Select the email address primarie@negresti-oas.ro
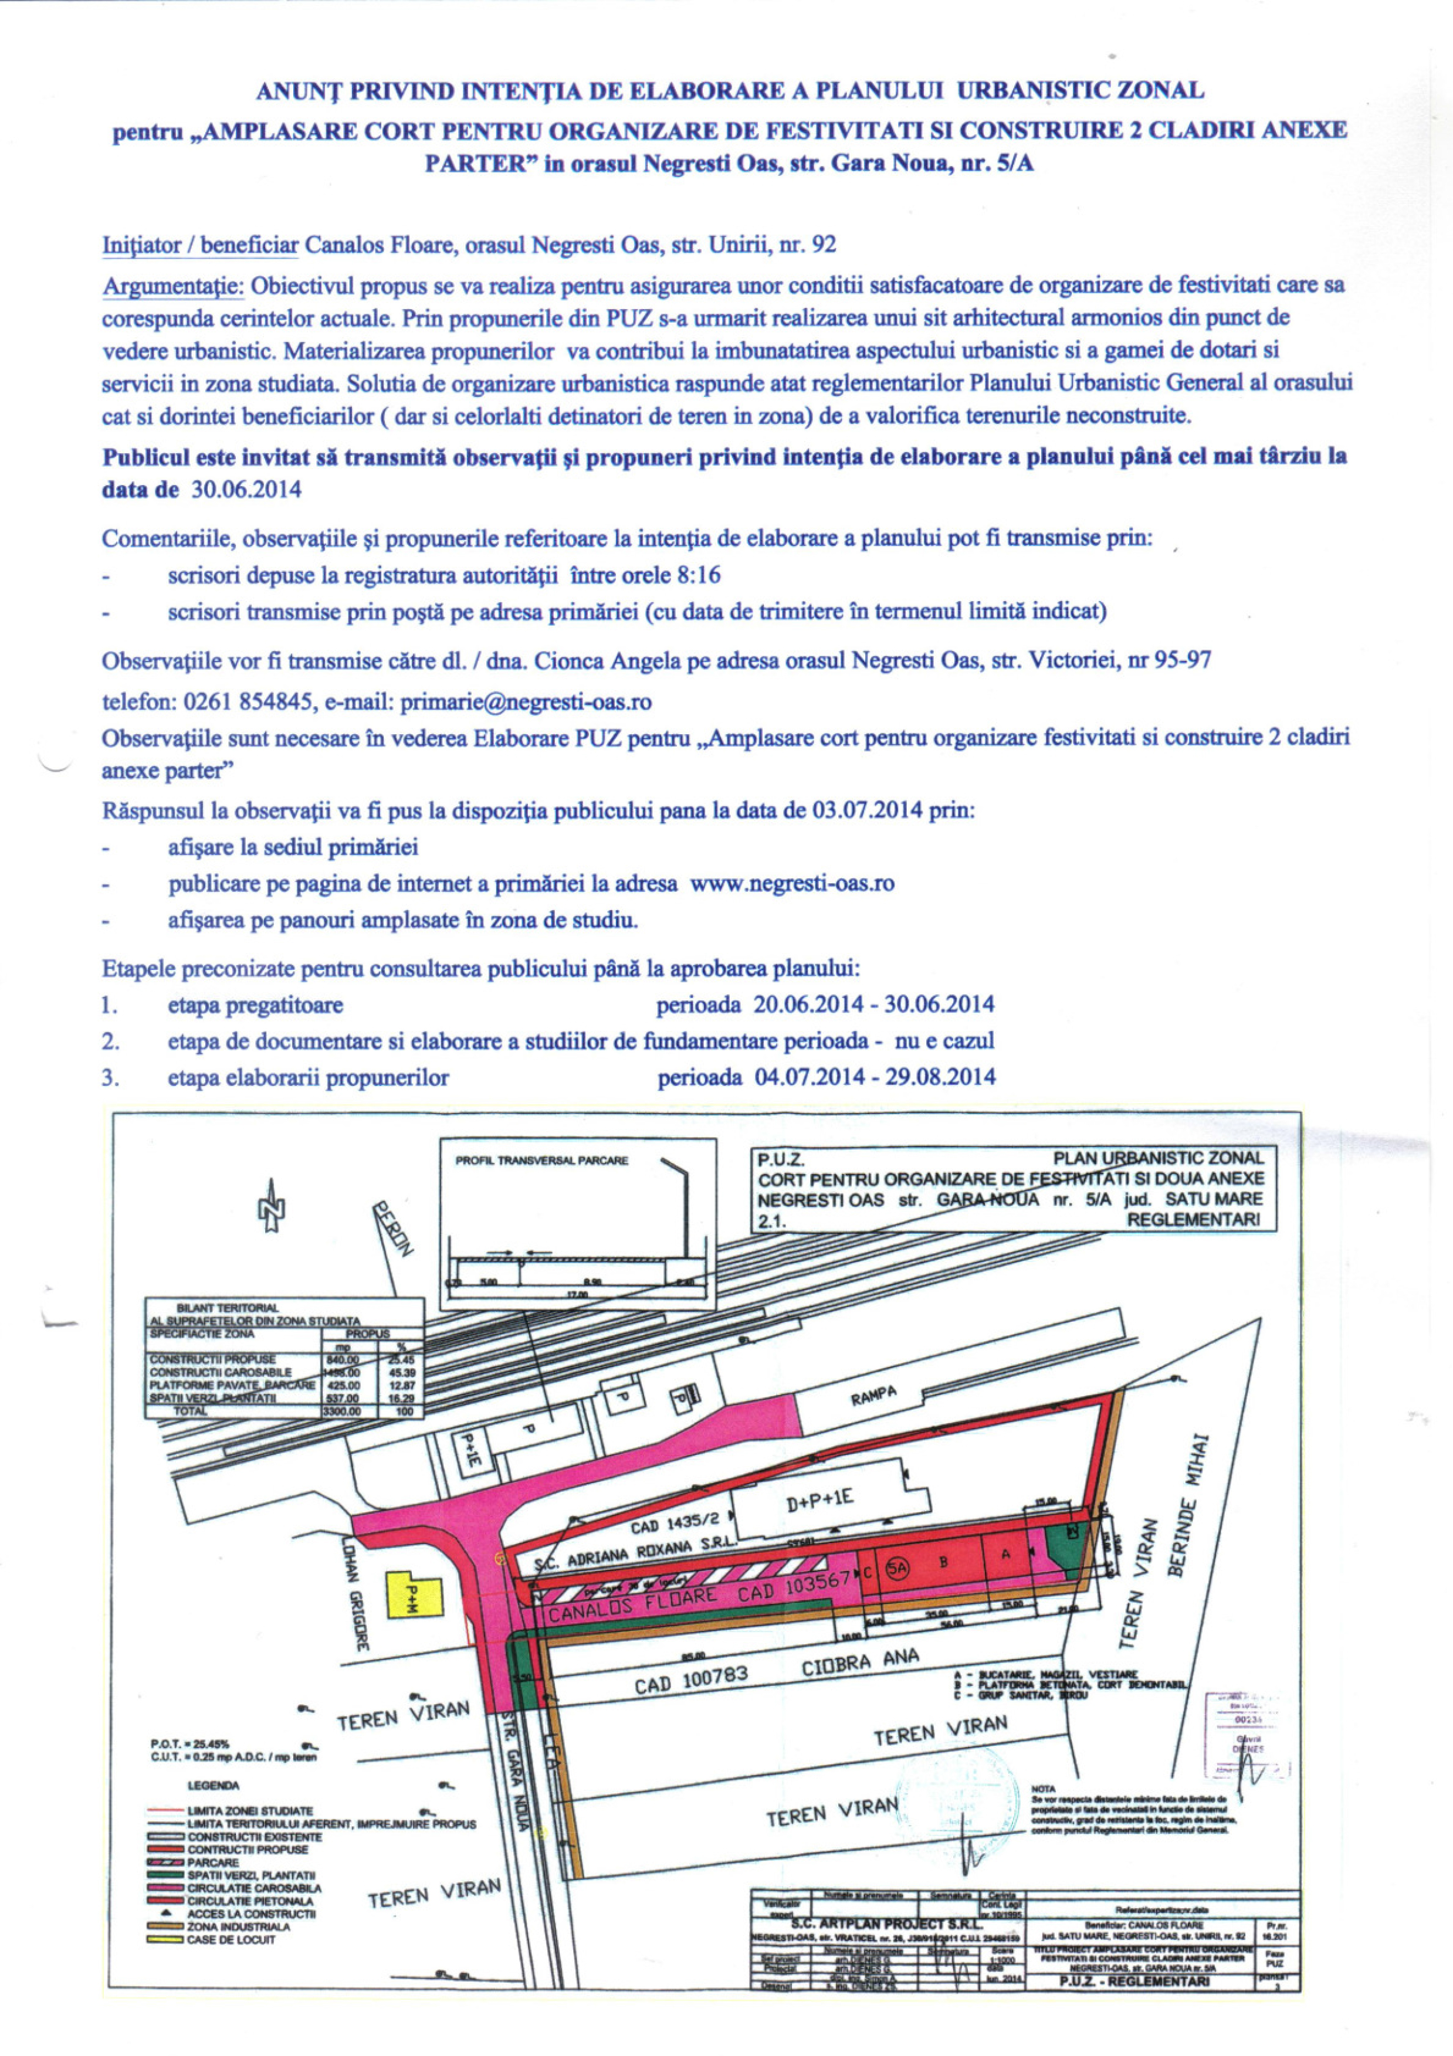[x=525, y=701]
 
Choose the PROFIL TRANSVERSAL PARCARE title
[x=542, y=1161]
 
